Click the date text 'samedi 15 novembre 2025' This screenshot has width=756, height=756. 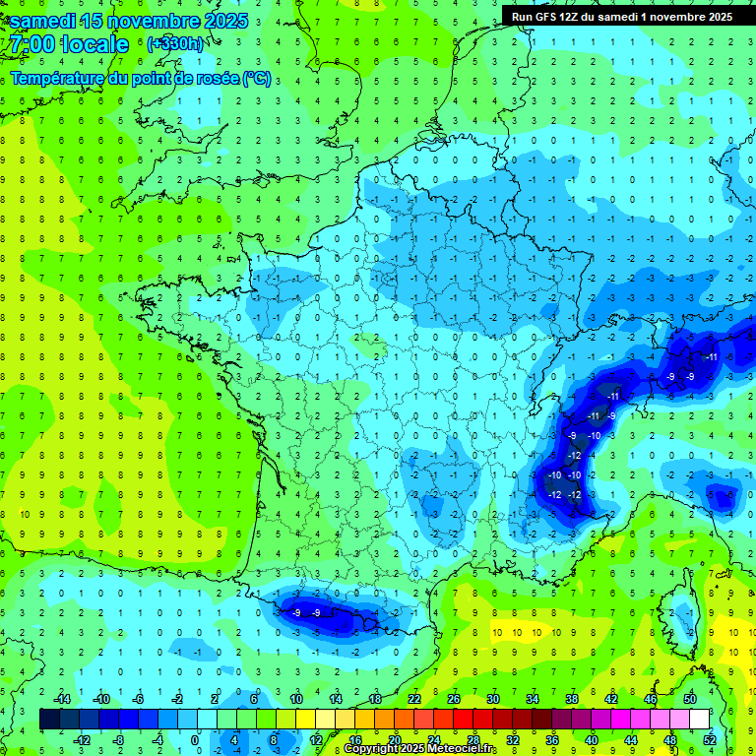tap(129, 21)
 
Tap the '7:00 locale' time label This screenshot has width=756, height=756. tap(70, 44)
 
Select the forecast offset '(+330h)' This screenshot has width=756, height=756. tap(175, 44)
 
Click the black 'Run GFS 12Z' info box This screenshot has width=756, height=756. tap(621, 17)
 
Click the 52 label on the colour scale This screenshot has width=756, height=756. tap(710, 740)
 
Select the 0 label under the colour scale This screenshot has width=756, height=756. tap(195, 740)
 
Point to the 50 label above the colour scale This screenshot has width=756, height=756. tap(689, 699)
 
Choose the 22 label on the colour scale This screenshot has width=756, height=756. tap(413, 699)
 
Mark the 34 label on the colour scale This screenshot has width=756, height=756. tap(532, 699)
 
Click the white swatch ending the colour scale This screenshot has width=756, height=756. tap(699, 720)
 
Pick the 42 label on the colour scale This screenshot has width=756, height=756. tap(610, 699)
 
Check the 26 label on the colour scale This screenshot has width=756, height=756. tap(453, 699)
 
